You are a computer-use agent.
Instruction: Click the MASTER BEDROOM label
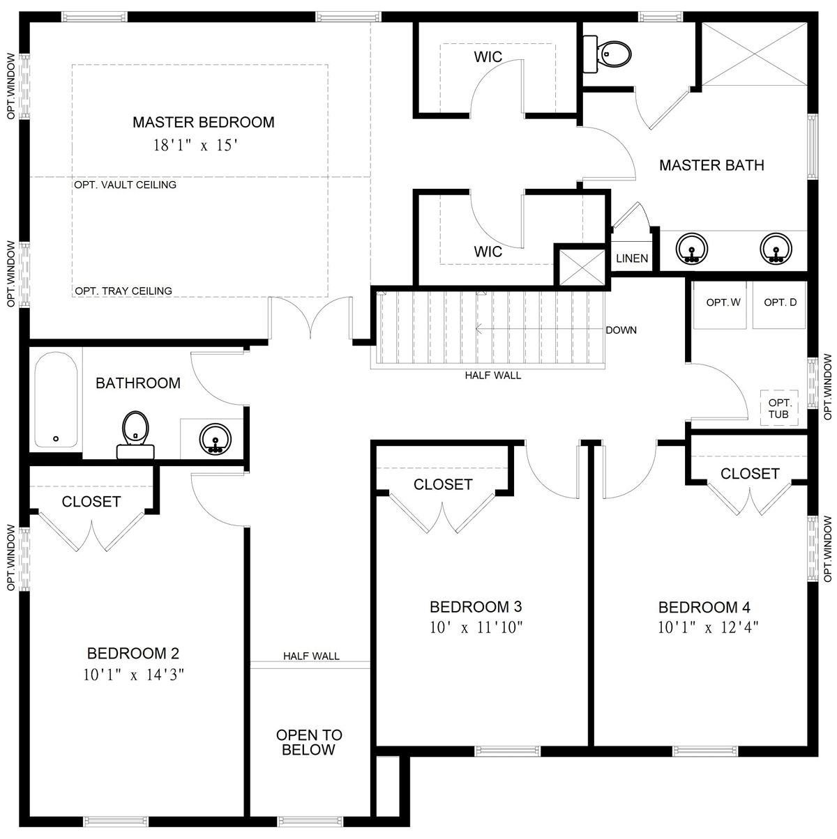(204, 123)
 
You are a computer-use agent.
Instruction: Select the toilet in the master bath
(610, 52)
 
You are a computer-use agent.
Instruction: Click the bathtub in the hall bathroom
(56, 399)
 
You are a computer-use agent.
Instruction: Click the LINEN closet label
(632, 259)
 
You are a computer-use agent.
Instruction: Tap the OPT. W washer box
(723, 303)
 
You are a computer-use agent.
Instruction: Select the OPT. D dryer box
(780, 303)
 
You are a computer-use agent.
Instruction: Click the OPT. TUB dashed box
(779, 408)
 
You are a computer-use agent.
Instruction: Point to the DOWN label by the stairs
(621, 330)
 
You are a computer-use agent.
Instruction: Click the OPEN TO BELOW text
(309, 743)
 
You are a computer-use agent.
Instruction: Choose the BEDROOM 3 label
(476, 606)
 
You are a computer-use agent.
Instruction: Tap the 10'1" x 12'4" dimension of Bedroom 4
(708, 627)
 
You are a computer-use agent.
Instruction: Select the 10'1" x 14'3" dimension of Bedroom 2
(133, 675)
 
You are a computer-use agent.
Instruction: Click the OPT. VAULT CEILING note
(126, 185)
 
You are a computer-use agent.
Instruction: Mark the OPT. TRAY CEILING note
(123, 291)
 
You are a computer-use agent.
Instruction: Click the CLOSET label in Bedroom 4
(750, 474)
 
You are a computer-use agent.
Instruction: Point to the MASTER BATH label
(711, 166)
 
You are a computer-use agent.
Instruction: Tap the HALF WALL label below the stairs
(493, 376)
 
